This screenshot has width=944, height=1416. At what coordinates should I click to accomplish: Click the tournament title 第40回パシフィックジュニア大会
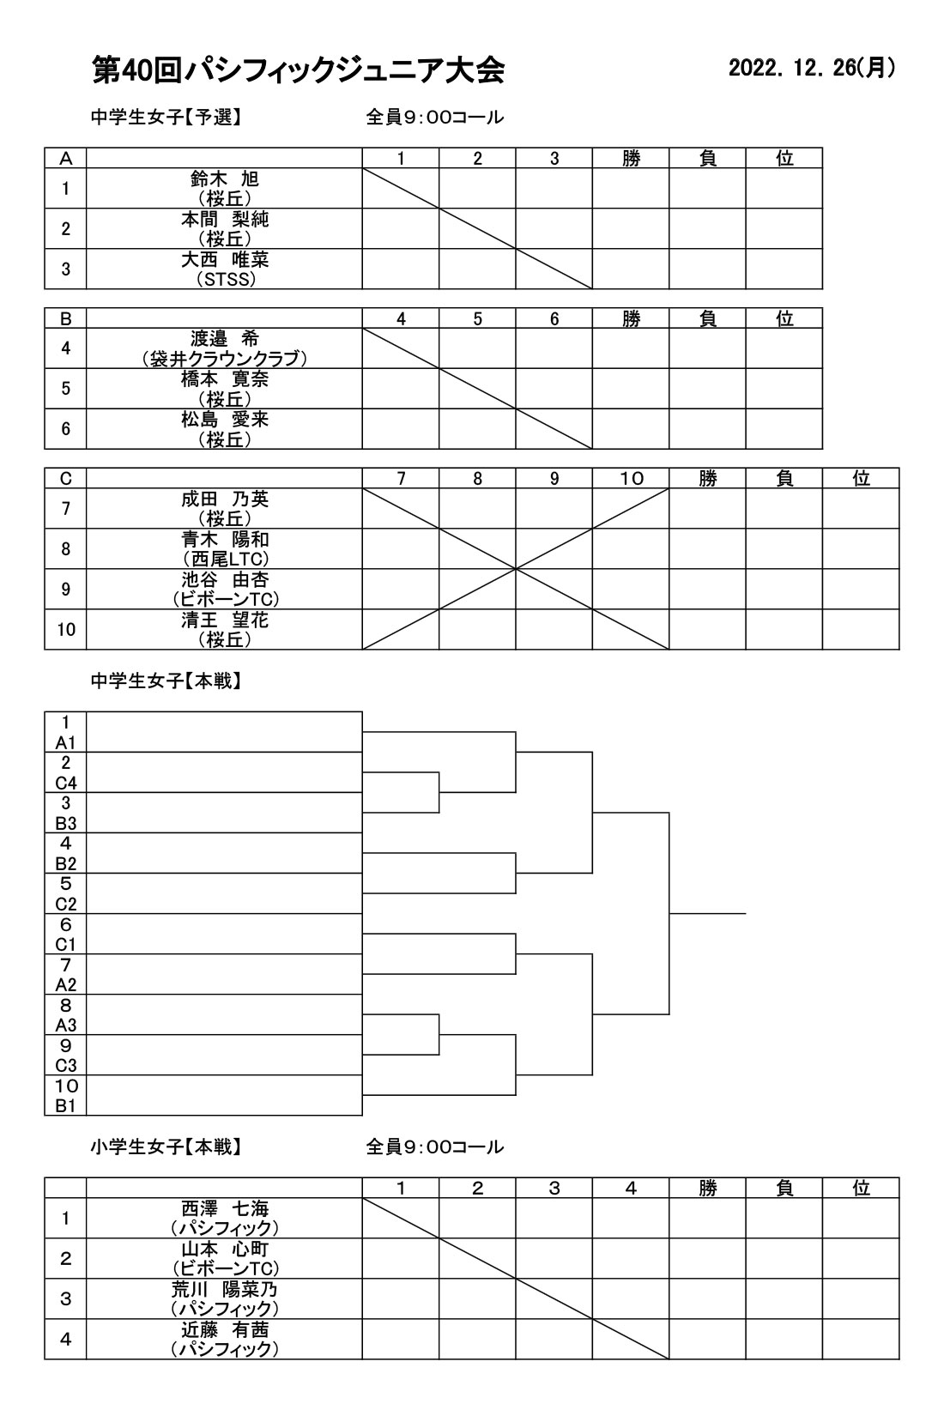tap(299, 70)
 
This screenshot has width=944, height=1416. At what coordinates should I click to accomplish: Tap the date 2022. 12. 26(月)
tap(813, 68)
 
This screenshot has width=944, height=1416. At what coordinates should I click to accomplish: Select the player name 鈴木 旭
tap(225, 179)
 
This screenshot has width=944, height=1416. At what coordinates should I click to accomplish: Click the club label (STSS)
tap(226, 279)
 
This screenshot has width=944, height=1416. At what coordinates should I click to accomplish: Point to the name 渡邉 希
tap(225, 339)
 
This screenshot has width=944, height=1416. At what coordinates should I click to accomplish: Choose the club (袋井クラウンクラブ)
tap(225, 359)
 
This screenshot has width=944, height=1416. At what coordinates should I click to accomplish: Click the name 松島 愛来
tap(225, 419)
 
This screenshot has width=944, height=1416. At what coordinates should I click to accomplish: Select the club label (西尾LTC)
tap(226, 559)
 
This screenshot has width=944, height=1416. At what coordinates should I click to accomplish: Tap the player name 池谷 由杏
tap(225, 579)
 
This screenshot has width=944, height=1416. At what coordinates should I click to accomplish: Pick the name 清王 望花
tap(225, 620)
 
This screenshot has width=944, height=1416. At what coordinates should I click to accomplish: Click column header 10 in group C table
tap(631, 479)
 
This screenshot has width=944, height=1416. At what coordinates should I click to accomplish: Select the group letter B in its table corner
tap(66, 318)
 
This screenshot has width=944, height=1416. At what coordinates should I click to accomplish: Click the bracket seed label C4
tap(66, 784)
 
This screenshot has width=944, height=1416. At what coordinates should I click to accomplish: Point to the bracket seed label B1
tap(66, 1106)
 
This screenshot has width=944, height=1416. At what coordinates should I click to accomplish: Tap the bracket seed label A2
tap(66, 985)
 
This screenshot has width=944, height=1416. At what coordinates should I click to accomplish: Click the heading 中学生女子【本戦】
tap(166, 681)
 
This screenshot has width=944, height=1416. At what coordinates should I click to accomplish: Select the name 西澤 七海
tap(225, 1208)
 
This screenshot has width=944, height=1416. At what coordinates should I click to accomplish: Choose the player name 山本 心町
tap(225, 1250)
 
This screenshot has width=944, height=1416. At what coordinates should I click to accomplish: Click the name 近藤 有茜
tap(225, 1330)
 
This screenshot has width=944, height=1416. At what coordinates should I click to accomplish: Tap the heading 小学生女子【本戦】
tap(166, 1147)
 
